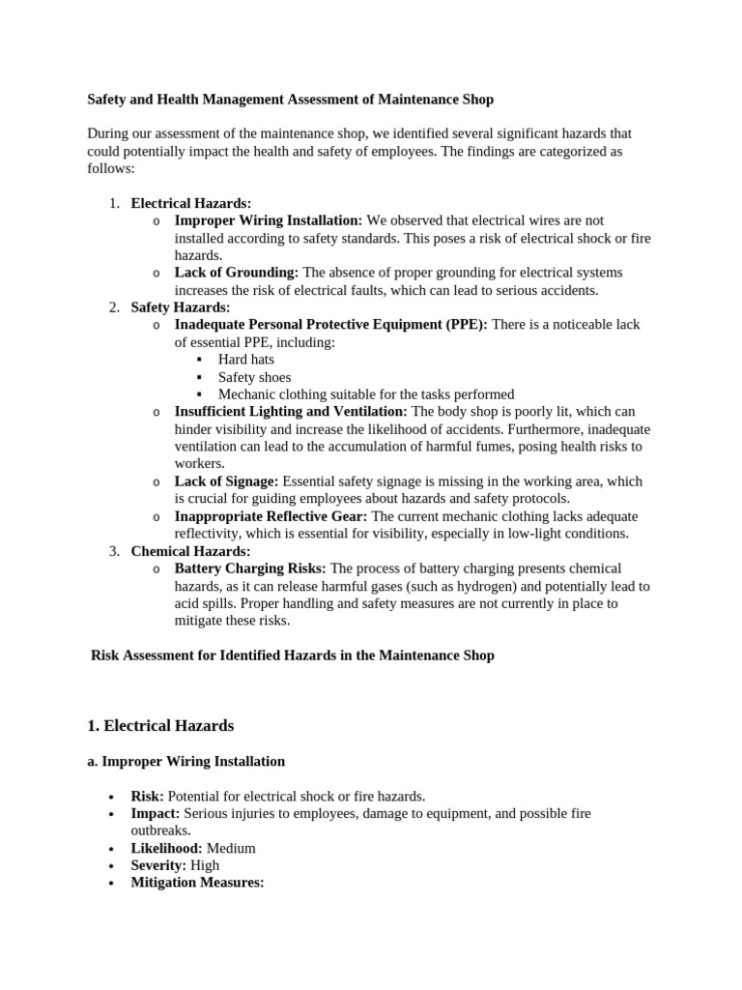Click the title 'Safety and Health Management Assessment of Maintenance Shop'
click(290, 99)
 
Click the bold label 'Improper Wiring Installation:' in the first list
click(269, 220)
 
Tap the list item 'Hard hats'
click(246, 360)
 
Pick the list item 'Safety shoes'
click(254, 377)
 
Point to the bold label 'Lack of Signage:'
click(226, 481)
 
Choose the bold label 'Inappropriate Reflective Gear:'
click(271, 516)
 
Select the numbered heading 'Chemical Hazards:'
click(190, 551)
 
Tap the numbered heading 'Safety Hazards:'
click(181, 307)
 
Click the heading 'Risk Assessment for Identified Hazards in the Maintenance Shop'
click(293, 655)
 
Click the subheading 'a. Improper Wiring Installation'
click(186, 762)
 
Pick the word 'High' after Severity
click(205, 865)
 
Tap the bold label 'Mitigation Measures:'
click(197, 883)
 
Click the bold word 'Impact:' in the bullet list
click(155, 814)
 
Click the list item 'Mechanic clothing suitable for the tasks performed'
click(366, 394)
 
